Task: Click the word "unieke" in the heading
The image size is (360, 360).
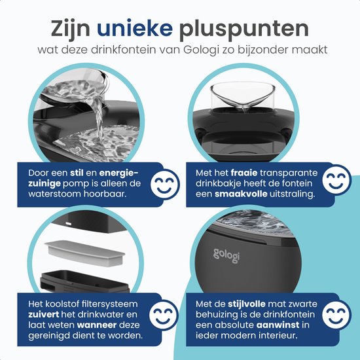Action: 146,29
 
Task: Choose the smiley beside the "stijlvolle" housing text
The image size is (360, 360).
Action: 338,315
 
